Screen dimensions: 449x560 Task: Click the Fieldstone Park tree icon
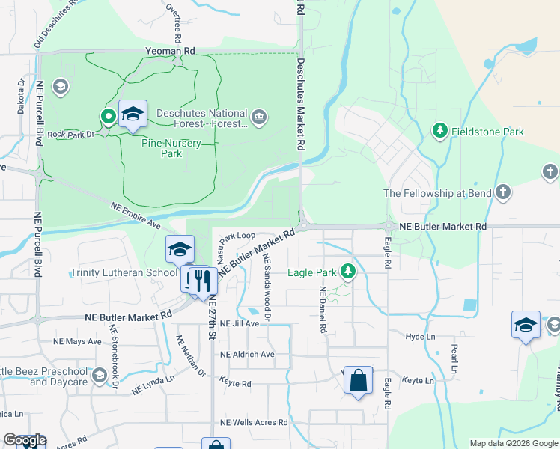click(x=440, y=132)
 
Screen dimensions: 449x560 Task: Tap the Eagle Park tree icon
click(x=347, y=272)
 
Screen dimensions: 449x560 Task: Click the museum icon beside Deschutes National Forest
click(x=259, y=116)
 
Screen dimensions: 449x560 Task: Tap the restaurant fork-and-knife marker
click(x=203, y=281)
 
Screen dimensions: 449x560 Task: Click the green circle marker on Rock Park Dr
click(x=108, y=116)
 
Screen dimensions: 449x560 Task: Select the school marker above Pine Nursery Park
click(x=133, y=114)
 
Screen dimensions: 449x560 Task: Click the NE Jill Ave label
click(x=240, y=323)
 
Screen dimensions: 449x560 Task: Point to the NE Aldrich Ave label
click(x=247, y=354)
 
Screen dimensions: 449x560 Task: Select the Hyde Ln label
click(x=420, y=337)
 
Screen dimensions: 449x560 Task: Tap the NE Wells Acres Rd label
click(x=254, y=423)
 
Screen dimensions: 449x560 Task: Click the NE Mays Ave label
click(x=77, y=341)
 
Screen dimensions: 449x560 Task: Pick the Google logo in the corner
click(x=25, y=440)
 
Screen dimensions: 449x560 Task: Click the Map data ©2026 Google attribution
click(x=514, y=443)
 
